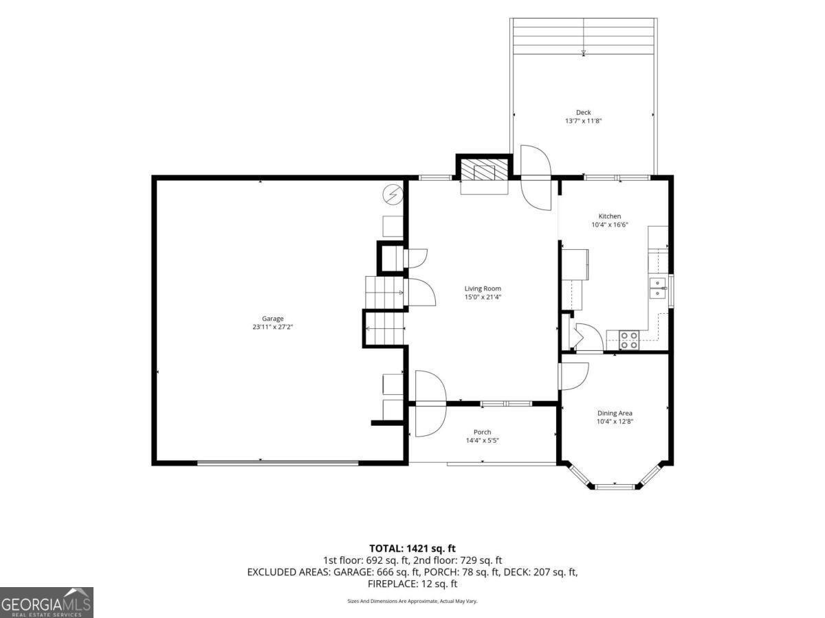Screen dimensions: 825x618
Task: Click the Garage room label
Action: click(x=272, y=319)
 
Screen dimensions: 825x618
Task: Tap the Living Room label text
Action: click(x=483, y=288)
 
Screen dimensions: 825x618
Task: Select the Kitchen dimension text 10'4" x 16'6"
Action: click(x=610, y=225)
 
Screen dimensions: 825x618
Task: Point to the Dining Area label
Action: click(x=615, y=413)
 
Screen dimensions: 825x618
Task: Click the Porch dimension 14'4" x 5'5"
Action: click(x=482, y=441)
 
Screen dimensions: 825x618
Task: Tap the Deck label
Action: click(x=583, y=112)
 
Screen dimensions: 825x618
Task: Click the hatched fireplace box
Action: click(x=484, y=170)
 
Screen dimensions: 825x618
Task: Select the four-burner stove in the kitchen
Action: click(x=629, y=340)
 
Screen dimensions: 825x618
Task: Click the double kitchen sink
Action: click(x=658, y=288)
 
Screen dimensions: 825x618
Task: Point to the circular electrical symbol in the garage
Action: click(x=393, y=194)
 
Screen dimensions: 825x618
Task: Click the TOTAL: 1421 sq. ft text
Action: click(x=412, y=549)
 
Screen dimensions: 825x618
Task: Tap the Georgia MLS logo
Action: click(x=46, y=603)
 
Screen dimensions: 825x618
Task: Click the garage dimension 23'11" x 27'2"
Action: click(x=272, y=327)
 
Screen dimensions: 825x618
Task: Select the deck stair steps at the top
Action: click(x=583, y=36)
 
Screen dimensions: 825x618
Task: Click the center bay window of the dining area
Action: click(x=615, y=487)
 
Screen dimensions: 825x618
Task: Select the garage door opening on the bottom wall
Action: click(x=278, y=463)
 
